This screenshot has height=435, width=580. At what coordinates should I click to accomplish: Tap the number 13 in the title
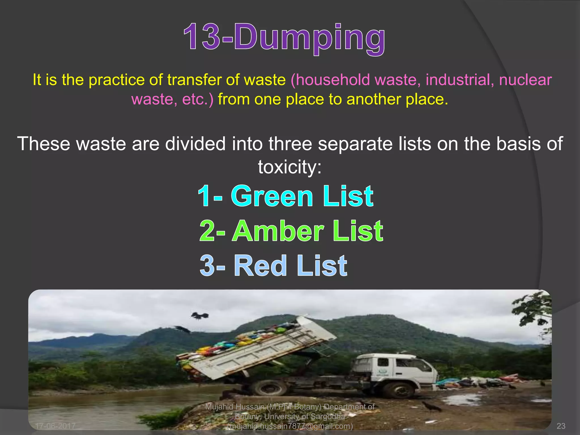(x=202, y=37)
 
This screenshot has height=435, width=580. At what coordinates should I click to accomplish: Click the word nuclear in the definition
(x=525, y=80)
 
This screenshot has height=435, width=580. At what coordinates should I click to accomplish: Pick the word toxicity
(x=290, y=167)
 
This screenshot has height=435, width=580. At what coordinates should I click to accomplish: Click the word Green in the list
(x=272, y=196)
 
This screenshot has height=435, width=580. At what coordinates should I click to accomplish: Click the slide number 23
(x=561, y=426)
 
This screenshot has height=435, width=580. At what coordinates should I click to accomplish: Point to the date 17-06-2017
(x=55, y=426)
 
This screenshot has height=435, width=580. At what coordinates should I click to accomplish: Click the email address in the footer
(x=290, y=426)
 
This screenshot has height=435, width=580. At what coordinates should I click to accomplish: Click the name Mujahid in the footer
(x=219, y=407)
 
